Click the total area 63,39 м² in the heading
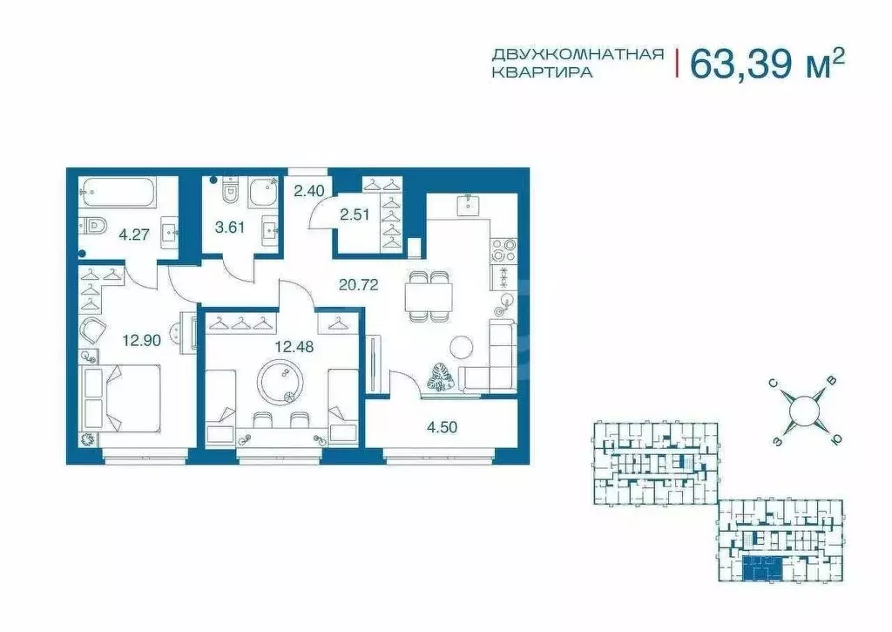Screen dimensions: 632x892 (767, 63)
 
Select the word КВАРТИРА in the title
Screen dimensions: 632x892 (542, 74)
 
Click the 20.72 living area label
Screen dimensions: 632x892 (357, 284)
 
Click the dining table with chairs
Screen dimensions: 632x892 (429, 296)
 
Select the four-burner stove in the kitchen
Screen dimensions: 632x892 (503, 250)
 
